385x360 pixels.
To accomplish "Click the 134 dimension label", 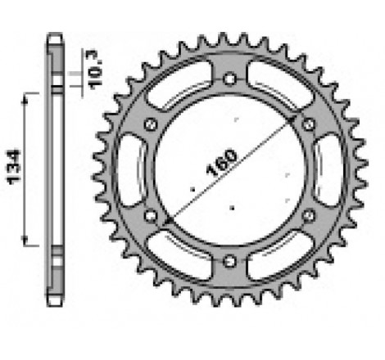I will pyautogui.click(x=15, y=168).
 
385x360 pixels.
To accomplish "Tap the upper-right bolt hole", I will pyautogui.click(x=309, y=124).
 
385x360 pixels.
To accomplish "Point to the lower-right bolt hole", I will pyautogui.click(x=309, y=215).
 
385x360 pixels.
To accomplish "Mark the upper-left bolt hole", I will pyautogui.click(x=150, y=124).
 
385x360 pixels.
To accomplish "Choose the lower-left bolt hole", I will pyautogui.click(x=150, y=215).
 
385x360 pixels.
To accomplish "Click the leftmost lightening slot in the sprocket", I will pyautogui.click(x=131, y=169).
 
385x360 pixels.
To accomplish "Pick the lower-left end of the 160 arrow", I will pyautogui.click(x=165, y=226).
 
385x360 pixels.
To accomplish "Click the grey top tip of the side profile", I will pyautogui.click(x=54, y=38).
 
